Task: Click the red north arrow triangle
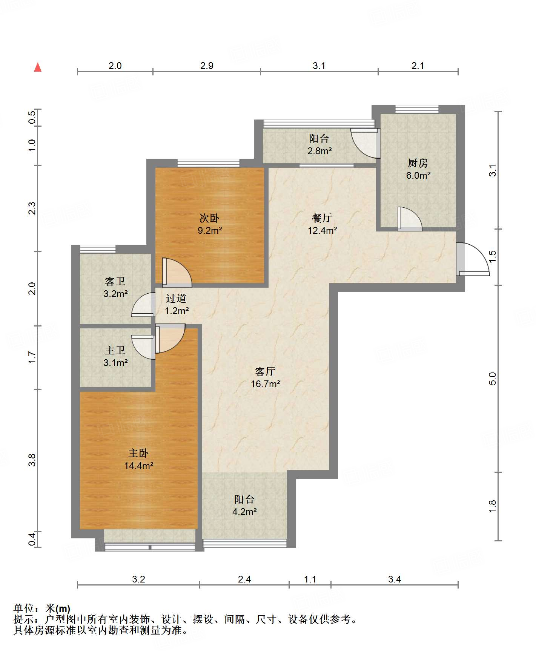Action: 38,67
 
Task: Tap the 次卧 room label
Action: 209,218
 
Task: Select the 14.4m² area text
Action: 139,466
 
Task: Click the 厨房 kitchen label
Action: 418,163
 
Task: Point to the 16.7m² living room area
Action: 266,384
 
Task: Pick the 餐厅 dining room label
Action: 322,218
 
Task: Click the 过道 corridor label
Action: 176,298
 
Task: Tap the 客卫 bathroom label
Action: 115,281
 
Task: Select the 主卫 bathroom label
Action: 115,350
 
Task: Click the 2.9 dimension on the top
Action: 207,66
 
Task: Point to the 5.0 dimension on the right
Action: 492,378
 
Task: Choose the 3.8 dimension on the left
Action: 32,460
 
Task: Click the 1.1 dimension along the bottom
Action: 310,579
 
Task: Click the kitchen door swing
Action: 410,219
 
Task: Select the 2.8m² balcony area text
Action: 319,151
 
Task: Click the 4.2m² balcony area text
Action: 244,512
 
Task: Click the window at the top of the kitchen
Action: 417,109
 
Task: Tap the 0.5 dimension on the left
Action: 32,117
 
